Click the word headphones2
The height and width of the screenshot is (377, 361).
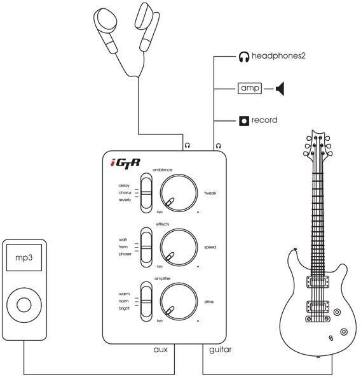278,56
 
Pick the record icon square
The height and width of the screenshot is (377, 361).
243,120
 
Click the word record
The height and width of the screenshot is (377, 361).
264,120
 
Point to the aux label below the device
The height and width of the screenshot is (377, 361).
160,350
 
